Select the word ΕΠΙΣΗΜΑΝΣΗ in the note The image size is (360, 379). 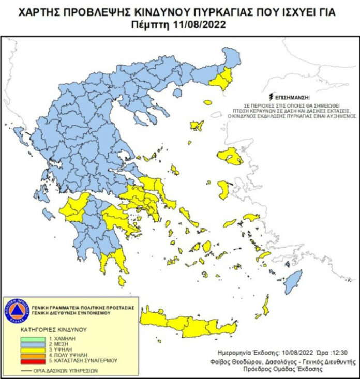(293, 97)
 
